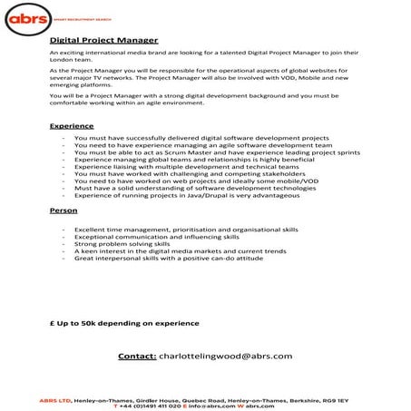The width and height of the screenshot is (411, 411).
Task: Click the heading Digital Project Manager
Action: pos(103,41)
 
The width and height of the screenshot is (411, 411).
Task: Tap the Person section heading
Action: pos(64,210)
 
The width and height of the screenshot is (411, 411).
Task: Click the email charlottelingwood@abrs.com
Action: pos(225,356)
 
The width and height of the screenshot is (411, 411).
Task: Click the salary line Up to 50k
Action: pos(123,322)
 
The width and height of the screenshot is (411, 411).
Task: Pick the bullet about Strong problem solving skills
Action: pos(122,243)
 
